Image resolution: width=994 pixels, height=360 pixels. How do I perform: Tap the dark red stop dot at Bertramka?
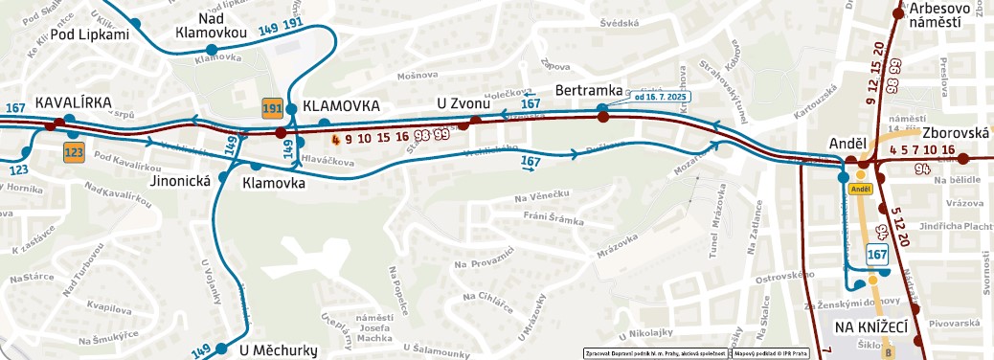(603, 117)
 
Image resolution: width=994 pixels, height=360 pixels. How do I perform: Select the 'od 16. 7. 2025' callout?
(660, 96)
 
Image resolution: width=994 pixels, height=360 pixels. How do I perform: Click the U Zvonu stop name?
(463, 103)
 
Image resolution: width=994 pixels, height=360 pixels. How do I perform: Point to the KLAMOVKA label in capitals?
(341, 105)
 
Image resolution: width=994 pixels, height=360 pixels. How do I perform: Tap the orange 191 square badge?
(272, 108)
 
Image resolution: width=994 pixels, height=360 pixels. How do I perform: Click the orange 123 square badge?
(74, 151)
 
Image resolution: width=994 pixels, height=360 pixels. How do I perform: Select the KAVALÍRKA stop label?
(74, 102)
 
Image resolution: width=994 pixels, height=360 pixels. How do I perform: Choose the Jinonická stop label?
(180, 179)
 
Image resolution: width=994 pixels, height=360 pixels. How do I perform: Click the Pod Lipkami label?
(89, 35)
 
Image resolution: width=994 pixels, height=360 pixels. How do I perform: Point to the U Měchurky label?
(278, 350)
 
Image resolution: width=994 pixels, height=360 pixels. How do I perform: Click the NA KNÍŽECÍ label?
(870, 326)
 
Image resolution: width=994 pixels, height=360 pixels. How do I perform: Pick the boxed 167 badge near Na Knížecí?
(877, 254)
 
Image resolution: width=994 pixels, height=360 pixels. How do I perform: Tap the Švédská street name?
(619, 23)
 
